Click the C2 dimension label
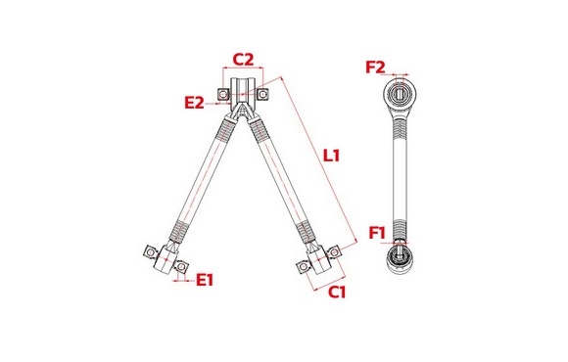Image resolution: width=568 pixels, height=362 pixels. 243,60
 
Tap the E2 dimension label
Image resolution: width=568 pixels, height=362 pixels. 195,103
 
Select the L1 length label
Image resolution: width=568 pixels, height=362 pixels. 331,156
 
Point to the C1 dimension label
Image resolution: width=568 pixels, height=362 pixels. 337,292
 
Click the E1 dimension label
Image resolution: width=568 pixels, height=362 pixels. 205,280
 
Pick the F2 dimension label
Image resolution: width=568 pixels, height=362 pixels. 375,68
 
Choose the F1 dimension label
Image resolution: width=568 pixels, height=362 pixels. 377,233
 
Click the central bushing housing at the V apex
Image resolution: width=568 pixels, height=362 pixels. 243,91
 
